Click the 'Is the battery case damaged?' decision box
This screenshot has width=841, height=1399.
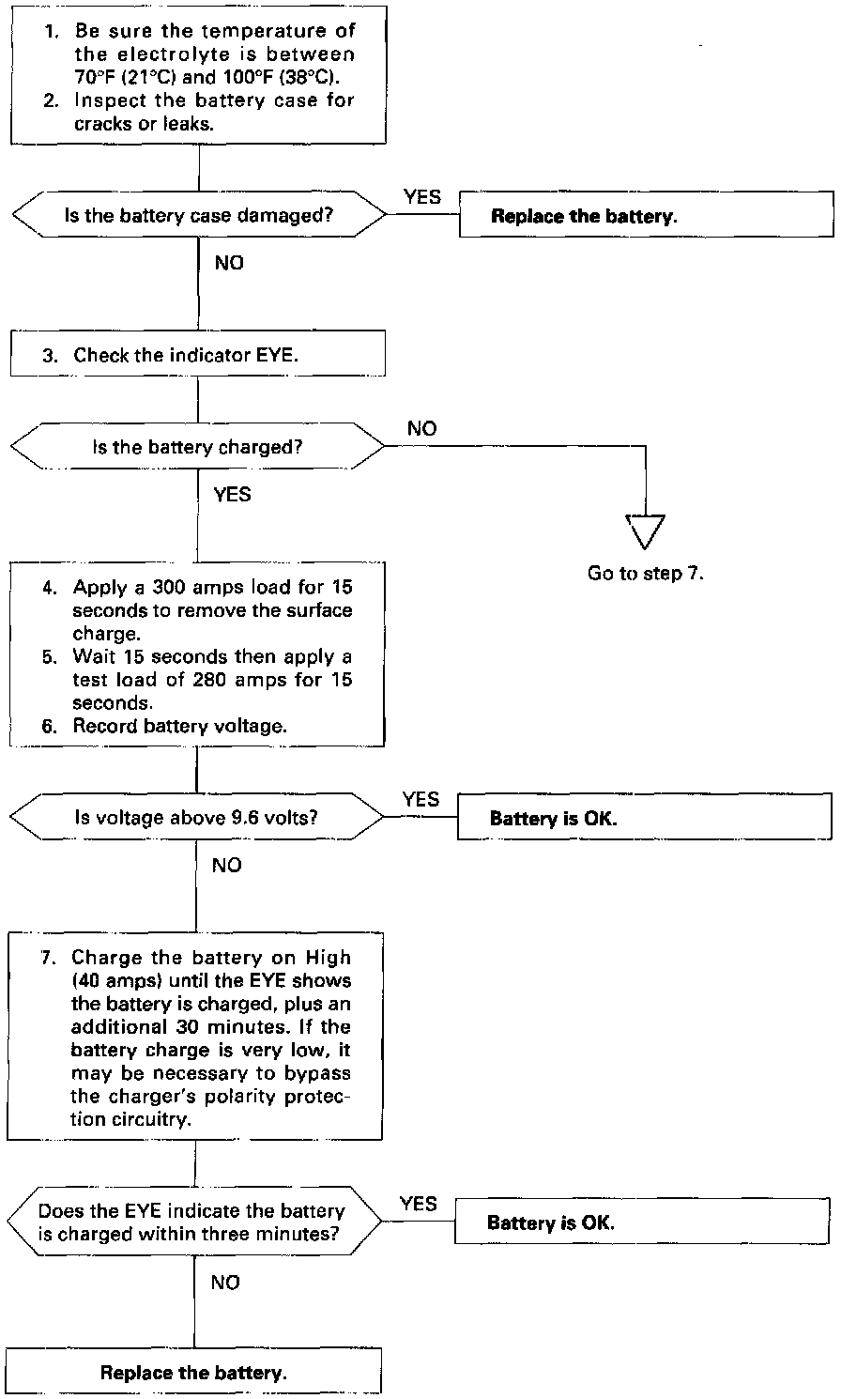(x=199, y=215)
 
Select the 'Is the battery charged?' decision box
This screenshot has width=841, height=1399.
(x=197, y=447)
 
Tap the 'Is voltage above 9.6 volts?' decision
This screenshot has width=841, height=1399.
(x=196, y=817)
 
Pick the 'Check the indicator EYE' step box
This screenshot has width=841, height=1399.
(x=198, y=353)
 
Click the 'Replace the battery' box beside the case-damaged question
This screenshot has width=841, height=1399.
(x=646, y=214)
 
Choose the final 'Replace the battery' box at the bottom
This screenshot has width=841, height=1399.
(x=193, y=1372)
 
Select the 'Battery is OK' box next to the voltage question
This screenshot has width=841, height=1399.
(x=644, y=817)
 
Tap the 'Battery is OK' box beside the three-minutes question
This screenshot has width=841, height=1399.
(x=642, y=1221)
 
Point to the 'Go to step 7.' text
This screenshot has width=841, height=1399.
(x=645, y=573)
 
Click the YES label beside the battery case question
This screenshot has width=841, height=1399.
(x=422, y=197)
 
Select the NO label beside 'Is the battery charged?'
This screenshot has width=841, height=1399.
(x=422, y=428)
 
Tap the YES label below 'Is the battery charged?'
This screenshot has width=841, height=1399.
(x=232, y=494)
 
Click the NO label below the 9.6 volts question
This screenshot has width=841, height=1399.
(x=226, y=865)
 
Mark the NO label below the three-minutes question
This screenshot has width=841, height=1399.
(x=225, y=1283)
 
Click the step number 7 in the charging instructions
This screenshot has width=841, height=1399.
(x=48, y=958)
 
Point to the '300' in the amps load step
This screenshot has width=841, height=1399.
(x=169, y=587)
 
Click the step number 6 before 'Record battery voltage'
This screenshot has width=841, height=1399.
(x=49, y=727)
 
